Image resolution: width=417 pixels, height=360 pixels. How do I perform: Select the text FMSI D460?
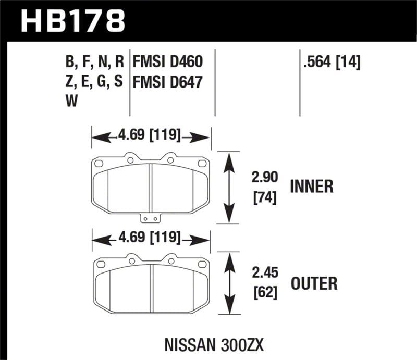(x=167, y=63)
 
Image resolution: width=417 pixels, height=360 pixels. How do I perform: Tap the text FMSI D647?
(x=167, y=82)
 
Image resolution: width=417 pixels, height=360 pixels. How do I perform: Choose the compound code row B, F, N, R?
(x=94, y=63)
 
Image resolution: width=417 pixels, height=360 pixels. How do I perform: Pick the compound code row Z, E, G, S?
(x=94, y=82)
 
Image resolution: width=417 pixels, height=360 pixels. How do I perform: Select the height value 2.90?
(x=259, y=179)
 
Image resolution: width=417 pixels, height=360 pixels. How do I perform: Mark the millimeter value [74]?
(x=259, y=197)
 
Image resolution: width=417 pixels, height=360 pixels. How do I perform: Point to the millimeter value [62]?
(x=259, y=293)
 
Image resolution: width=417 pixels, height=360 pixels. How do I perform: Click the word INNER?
(x=311, y=187)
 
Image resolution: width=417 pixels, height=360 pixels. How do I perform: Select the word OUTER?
(x=314, y=283)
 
